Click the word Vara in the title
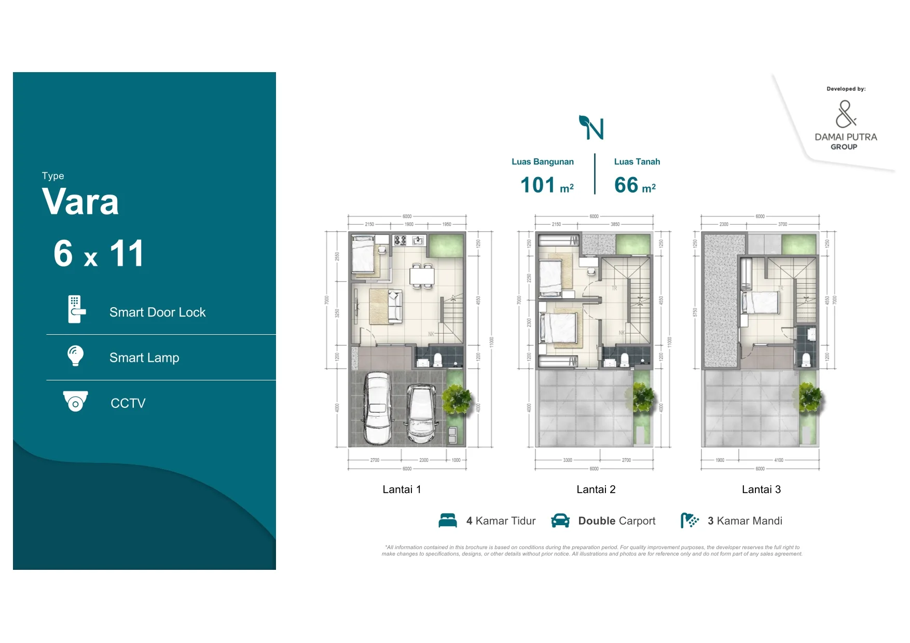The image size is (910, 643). tap(80, 202)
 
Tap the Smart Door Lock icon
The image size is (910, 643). tap(76, 309)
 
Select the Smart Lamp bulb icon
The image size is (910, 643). tap(75, 356)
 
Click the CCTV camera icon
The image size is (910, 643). tap(75, 401)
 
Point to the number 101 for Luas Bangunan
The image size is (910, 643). tap(537, 185)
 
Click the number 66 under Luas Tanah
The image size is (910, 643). tap(626, 185)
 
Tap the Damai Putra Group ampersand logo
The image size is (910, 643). tap(845, 114)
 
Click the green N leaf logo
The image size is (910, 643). tap(591, 128)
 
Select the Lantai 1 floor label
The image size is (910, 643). tap(402, 489)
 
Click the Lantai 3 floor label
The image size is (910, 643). tap(761, 489)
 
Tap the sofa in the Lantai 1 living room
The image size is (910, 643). tap(395, 306)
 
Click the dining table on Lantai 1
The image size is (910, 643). tap(422, 276)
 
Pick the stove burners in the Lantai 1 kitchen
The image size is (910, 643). tap(400, 240)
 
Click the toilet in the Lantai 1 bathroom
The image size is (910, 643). tap(437, 360)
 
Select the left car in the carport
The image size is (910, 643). tap(376, 408)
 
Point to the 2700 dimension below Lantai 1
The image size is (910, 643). tap(375, 460)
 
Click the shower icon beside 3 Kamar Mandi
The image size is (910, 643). tap(690, 521)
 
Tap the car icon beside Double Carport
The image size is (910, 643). tap(560, 521)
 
